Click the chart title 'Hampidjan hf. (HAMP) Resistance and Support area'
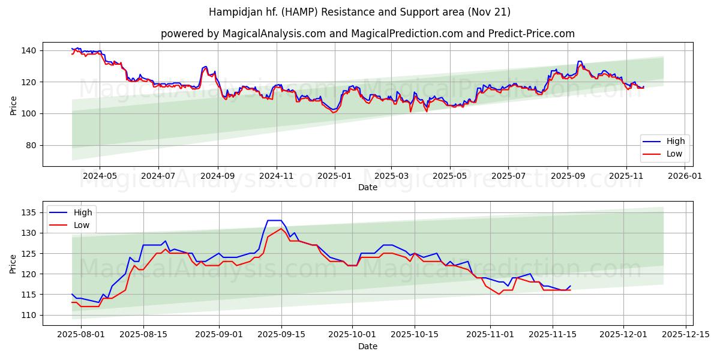coord(359,12)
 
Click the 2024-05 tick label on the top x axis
coord(99,176)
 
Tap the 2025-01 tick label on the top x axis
coord(334,176)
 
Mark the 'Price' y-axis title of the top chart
coord(14,104)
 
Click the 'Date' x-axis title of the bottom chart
coord(367,346)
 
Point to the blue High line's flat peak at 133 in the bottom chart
coord(274,220)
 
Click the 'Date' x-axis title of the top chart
coord(367,187)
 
